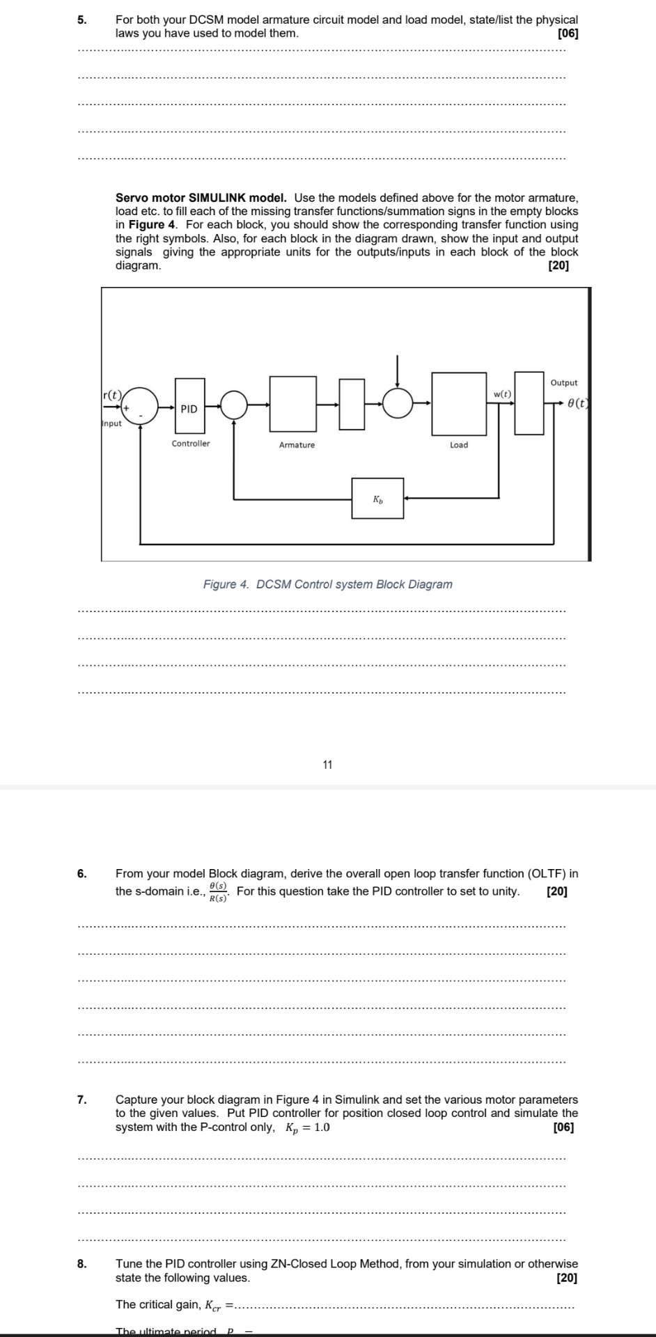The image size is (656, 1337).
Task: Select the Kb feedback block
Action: pos(377,498)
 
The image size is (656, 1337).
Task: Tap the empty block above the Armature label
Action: pos(293,404)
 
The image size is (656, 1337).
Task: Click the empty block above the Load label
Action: pos(459,404)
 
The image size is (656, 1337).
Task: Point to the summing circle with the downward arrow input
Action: pos(398,403)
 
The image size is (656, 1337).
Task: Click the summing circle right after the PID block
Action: pos(235,403)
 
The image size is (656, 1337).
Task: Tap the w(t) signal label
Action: pos(502,394)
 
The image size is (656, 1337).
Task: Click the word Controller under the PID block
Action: pos(191,444)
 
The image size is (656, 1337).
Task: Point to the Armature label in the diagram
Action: pos(297,445)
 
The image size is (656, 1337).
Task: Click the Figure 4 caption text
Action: pos(327,584)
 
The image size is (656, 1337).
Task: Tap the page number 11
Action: pos(327,765)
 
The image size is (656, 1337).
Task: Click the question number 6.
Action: pos(82,873)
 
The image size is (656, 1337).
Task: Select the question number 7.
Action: pos(82,1100)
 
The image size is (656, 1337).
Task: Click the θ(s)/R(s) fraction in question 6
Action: pos(219,892)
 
